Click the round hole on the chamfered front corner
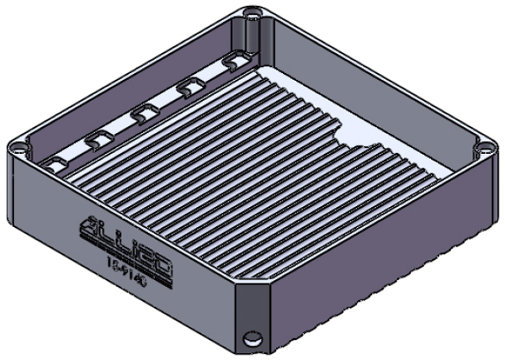pyautogui.click(x=250, y=339)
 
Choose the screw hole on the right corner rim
pyautogui.click(x=486, y=149)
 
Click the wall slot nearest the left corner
pyautogui.click(x=56, y=163)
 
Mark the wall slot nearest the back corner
pyautogui.click(x=234, y=61)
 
